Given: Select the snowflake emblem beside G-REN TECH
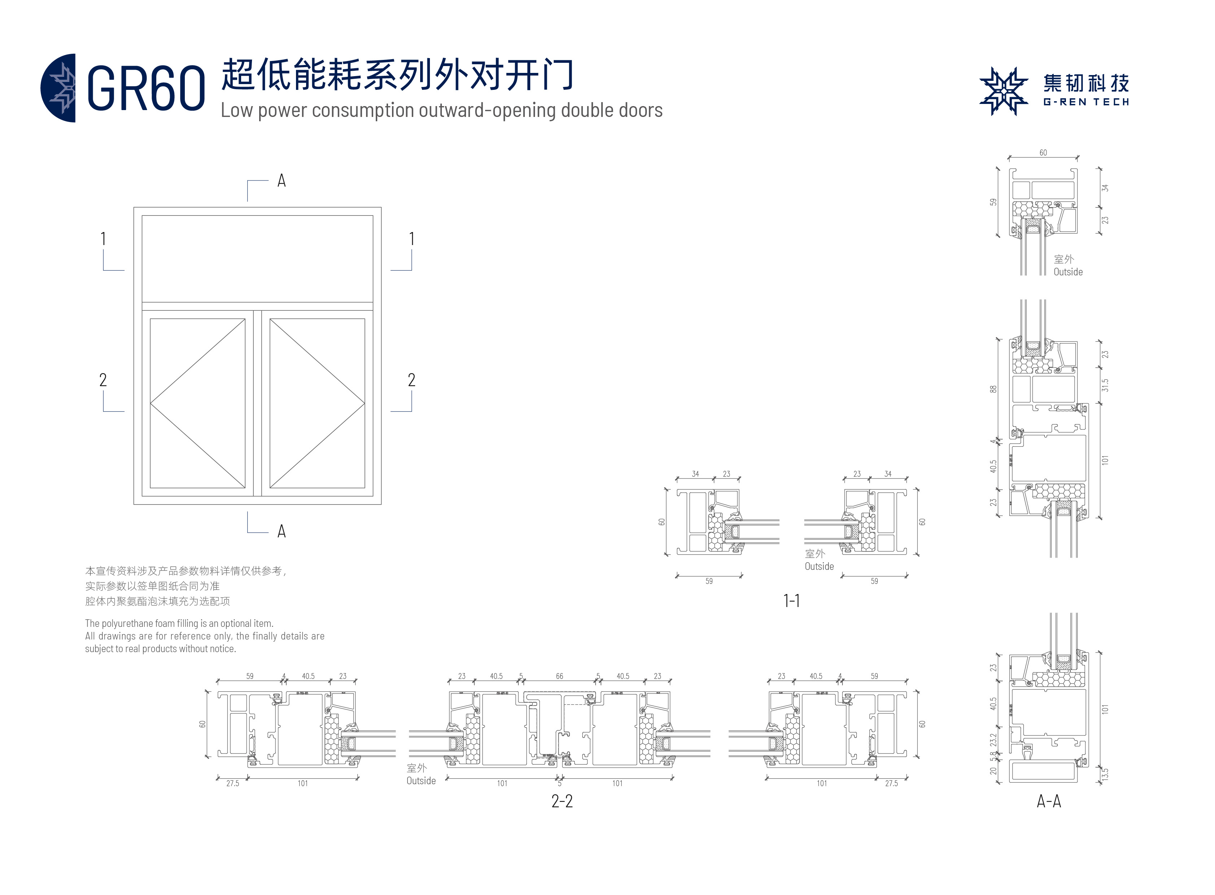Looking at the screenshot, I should [x=1003, y=91].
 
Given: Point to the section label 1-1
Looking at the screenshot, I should [x=791, y=600].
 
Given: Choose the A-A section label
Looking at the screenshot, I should [x=1048, y=801].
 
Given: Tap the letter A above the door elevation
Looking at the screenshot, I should [x=281, y=181].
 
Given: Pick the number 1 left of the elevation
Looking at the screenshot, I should [x=103, y=239].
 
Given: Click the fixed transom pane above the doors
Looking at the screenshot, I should [x=257, y=258].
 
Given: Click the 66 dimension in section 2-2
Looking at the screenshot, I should [x=559, y=676].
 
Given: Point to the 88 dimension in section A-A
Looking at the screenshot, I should [x=993, y=389].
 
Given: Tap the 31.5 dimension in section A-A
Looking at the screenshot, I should [x=1105, y=385].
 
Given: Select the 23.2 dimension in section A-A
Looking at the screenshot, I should [x=993, y=739].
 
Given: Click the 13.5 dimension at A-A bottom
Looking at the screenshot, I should [x=1105, y=774].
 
